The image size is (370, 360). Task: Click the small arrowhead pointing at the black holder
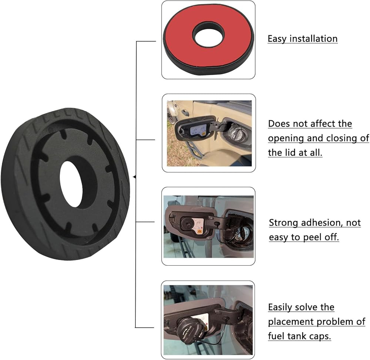[x=135, y=178]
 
